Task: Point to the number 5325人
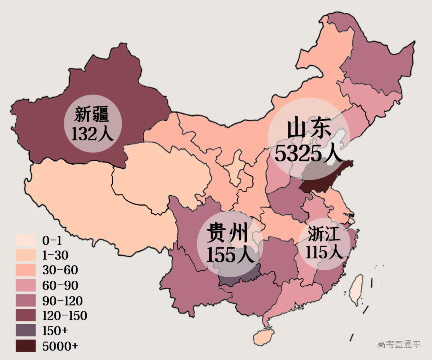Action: coord(308,154)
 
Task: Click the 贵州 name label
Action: coord(227,234)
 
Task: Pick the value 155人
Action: coord(230,254)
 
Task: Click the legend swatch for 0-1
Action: coord(26,240)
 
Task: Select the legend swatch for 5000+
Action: coord(26,346)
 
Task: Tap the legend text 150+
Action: coord(55,331)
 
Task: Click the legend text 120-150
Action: coord(64,316)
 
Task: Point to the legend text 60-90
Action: coord(60,285)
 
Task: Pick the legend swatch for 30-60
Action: coord(26,270)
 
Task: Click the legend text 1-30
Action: coord(55,255)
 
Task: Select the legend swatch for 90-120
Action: coord(26,300)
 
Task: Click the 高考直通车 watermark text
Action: coord(398,344)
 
